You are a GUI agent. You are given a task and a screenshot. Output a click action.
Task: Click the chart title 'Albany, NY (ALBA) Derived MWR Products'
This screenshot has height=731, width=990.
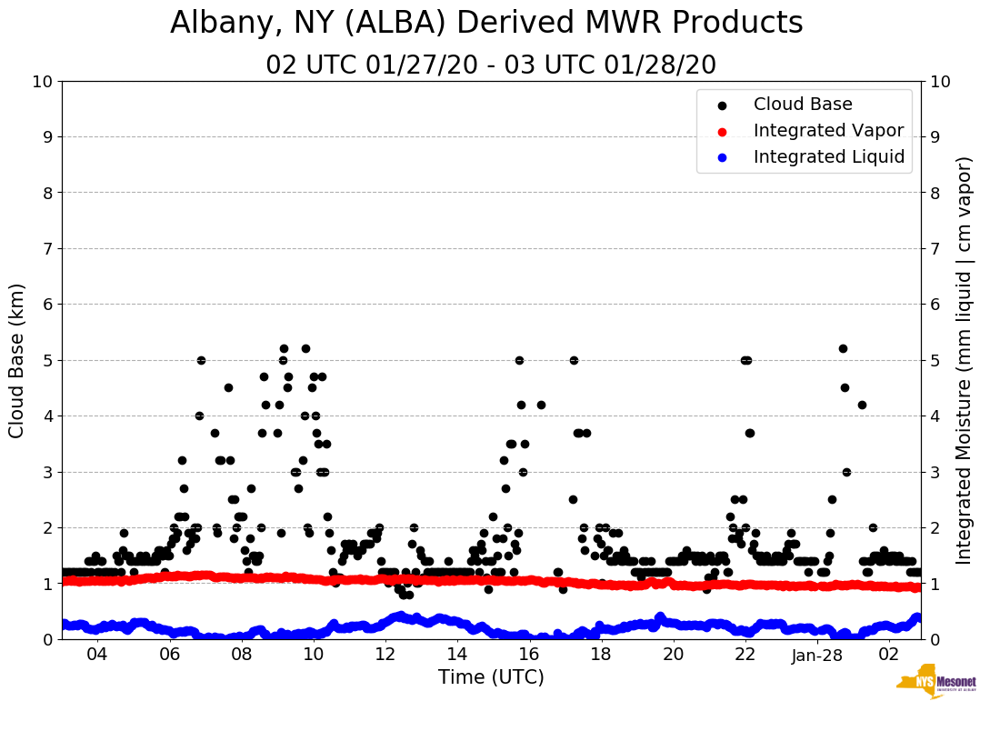(x=486, y=23)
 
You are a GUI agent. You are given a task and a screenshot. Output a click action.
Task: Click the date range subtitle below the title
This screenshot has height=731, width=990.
(x=491, y=65)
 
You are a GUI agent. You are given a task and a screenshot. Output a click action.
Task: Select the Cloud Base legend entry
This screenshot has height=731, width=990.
(x=803, y=105)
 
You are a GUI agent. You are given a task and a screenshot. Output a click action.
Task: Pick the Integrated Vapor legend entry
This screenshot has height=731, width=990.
(x=828, y=131)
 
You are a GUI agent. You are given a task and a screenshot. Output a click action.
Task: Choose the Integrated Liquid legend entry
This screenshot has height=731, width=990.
(x=829, y=157)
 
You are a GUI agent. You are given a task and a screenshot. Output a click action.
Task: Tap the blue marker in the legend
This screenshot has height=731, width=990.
(x=722, y=157)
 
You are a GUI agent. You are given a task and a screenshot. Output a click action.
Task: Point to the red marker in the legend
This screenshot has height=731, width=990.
(x=722, y=131)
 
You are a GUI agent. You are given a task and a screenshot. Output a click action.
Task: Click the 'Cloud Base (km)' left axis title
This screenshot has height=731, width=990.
(x=17, y=360)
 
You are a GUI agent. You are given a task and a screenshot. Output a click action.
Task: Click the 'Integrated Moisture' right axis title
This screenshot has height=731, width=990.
(x=965, y=360)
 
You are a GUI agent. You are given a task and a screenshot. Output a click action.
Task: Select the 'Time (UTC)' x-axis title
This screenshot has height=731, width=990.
(x=491, y=677)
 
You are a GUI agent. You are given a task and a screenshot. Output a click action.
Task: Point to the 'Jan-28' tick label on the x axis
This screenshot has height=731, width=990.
(x=817, y=655)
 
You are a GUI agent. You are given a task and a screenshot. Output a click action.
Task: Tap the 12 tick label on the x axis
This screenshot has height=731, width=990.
(x=385, y=655)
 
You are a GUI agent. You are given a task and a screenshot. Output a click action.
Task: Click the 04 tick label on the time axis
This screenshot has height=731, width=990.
(x=97, y=655)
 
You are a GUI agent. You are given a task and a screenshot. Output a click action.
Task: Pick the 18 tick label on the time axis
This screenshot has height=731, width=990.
(x=601, y=655)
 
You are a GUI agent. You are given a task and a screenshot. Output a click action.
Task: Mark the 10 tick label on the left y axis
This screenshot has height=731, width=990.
(x=42, y=82)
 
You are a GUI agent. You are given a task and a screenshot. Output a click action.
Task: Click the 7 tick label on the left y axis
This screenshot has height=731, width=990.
(x=47, y=248)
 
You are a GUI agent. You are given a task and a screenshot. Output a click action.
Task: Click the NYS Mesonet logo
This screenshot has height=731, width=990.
(x=935, y=686)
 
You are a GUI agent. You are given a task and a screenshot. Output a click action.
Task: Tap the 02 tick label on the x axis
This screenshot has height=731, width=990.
(x=889, y=655)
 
